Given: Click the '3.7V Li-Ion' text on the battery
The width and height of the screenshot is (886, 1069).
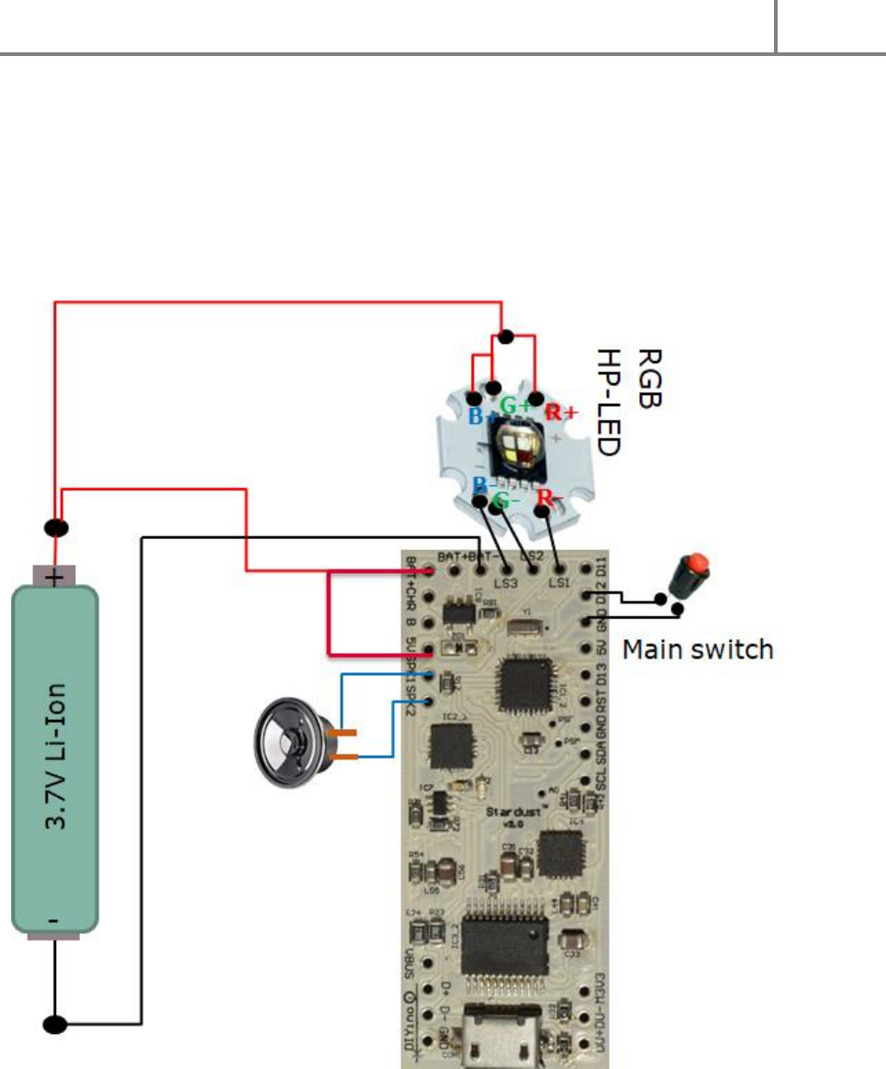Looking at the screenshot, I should (x=54, y=760).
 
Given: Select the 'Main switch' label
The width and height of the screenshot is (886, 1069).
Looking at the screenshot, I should (x=698, y=650).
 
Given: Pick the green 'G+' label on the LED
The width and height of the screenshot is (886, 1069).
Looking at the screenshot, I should (x=514, y=404).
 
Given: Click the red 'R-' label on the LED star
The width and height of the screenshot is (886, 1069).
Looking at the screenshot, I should (x=550, y=499).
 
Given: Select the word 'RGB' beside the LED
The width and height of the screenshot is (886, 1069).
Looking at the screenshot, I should (x=649, y=377).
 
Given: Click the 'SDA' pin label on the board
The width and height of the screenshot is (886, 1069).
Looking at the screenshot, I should (x=602, y=748).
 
